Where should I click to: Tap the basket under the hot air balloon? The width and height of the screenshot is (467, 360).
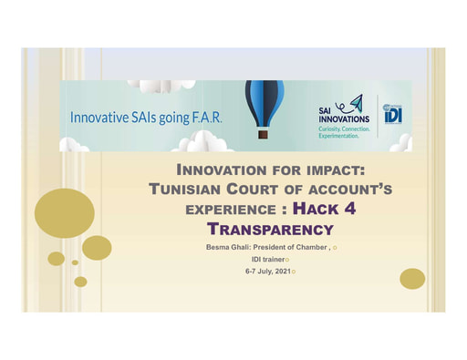pyautogui.click(x=263, y=134)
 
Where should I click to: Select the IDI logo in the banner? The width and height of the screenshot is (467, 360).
pyautogui.click(x=392, y=114)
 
